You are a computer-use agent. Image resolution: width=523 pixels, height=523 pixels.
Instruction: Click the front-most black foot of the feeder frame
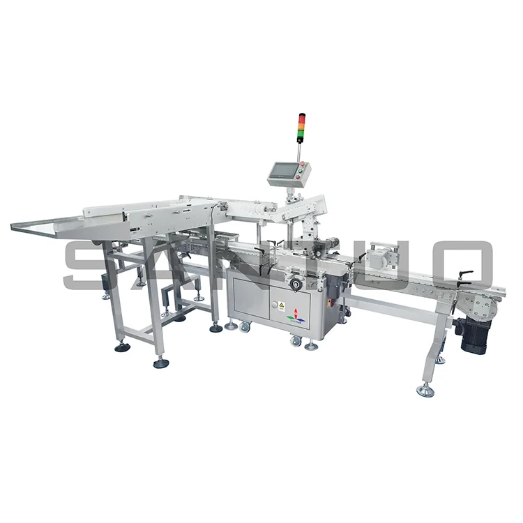(x=161, y=362)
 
